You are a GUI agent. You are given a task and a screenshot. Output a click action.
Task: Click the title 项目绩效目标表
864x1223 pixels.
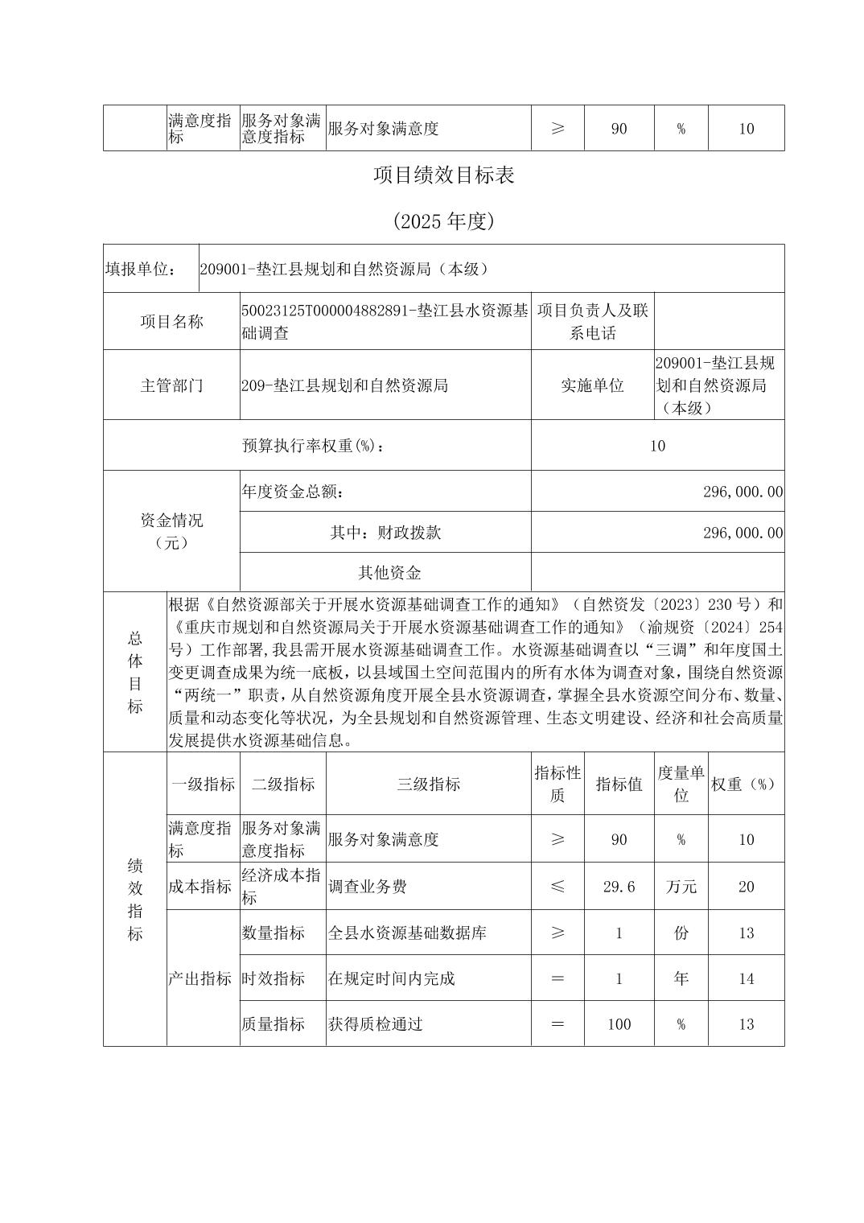tap(443, 176)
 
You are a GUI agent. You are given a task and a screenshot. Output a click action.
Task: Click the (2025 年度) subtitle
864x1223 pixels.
tap(443, 221)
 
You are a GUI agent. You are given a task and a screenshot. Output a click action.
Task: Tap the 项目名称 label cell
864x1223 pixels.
tap(171, 322)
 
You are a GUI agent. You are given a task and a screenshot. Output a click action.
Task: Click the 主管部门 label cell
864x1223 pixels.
tap(171, 385)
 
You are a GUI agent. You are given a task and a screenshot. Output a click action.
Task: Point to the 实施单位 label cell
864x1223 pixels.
tap(592, 385)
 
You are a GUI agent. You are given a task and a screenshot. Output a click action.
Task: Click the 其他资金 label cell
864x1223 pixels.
tap(389, 573)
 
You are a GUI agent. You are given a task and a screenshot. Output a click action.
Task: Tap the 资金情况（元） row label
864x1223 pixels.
tap(171, 531)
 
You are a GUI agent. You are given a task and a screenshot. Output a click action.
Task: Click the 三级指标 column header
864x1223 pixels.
tap(428, 784)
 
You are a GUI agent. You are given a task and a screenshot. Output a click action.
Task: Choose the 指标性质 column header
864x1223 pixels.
tap(557, 784)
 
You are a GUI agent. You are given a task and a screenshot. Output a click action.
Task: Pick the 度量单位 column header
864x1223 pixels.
tap(681, 784)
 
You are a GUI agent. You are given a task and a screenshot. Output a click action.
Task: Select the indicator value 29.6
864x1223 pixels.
tap(619, 887)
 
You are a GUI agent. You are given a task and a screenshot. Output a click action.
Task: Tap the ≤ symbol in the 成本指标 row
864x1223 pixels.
tap(557, 887)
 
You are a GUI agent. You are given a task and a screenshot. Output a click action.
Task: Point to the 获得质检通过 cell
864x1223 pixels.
tap(376, 1024)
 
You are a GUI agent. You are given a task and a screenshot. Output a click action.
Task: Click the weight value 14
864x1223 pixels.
tap(746, 979)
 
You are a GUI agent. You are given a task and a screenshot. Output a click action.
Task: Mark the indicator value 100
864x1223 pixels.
tap(619, 1024)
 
